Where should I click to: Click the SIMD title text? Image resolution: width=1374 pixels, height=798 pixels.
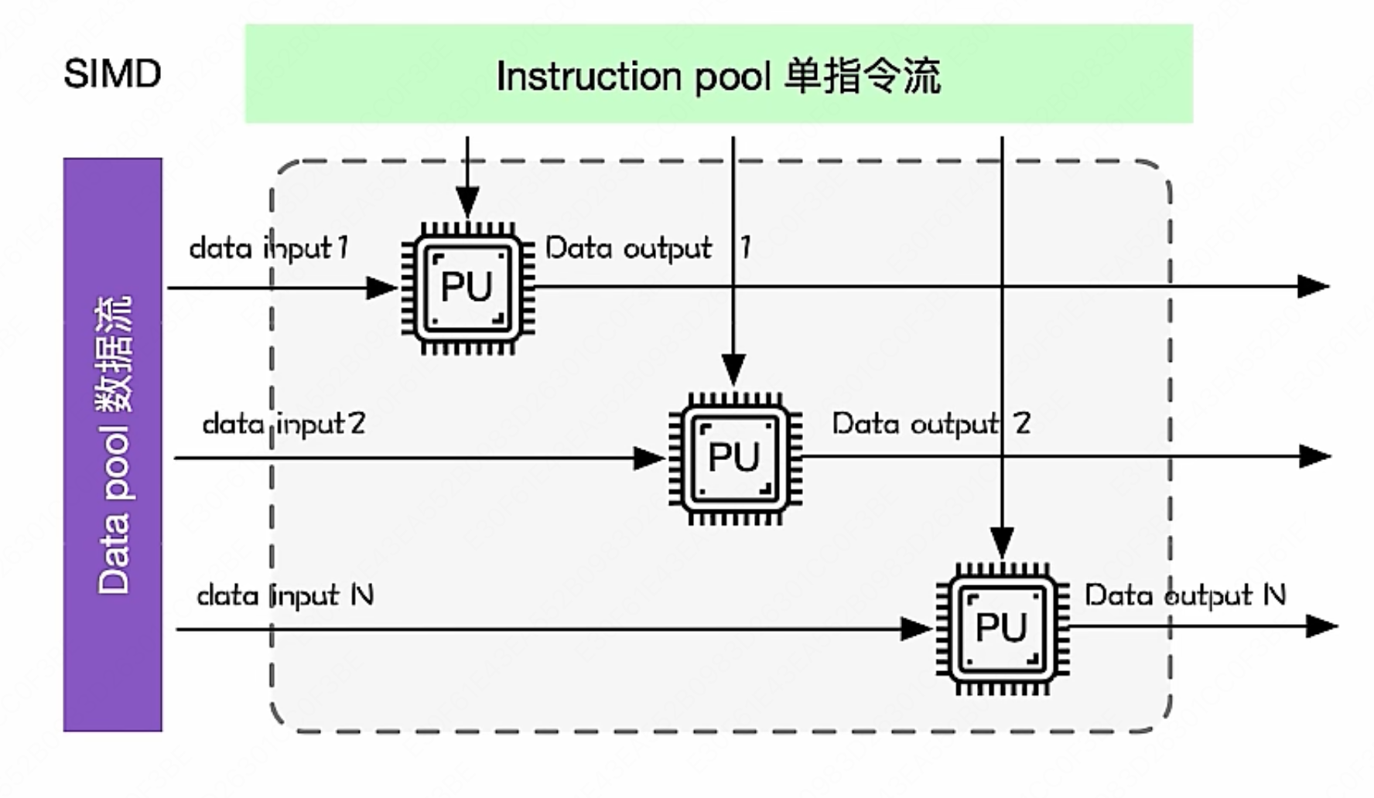coord(112,74)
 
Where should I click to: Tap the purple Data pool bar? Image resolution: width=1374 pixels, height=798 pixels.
coord(113,445)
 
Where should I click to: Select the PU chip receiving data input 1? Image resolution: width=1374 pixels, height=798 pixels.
coord(467,288)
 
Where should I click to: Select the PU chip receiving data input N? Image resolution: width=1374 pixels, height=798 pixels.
coord(1002,628)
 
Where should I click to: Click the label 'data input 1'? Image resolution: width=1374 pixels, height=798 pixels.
coord(269,248)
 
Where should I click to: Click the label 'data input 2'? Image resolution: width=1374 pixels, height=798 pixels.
coord(283,424)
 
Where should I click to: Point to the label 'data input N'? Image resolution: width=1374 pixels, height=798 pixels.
coord(285,595)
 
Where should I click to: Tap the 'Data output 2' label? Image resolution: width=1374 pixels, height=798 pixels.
coord(931,424)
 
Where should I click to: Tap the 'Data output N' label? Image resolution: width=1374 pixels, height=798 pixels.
coord(1184,595)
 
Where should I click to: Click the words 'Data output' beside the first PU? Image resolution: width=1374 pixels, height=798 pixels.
coord(628,248)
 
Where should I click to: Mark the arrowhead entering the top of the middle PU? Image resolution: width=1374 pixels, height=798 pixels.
coord(733,369)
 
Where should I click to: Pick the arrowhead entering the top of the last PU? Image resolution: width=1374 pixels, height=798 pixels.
coord(1002,541)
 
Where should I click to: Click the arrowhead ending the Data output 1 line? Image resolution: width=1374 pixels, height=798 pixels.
coord(1313,286)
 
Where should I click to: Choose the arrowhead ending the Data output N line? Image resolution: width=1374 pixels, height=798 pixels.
coord(1321,626)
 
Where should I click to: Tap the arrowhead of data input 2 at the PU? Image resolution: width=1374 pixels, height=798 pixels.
coord(648,458)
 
